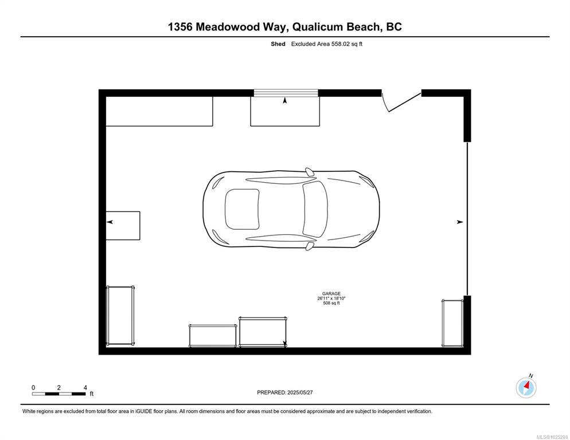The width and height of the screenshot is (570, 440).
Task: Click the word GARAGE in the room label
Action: point(331,293)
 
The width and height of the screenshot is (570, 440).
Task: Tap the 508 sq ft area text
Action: point(331,303)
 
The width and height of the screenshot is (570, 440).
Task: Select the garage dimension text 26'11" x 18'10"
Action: point(331,298)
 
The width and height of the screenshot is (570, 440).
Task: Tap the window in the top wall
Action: point(286,93)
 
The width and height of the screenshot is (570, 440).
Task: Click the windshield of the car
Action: point(315,209)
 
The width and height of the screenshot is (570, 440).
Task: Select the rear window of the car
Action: point(242,209)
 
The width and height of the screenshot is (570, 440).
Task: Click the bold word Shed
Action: point(278,44)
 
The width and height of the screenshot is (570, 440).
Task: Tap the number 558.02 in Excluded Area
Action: point(340,44)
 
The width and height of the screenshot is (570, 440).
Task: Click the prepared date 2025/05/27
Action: point(300,392)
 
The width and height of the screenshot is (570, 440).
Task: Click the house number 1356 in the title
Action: point(180,27)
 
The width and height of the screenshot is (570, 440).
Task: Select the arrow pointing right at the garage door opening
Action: point(460,222)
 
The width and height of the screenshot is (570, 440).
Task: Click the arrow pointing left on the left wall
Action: point(110,222)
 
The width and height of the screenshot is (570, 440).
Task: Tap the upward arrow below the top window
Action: point(284,100)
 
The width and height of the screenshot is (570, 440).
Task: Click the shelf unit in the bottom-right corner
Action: point(452,323)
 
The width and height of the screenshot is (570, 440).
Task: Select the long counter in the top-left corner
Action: point(159,112)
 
